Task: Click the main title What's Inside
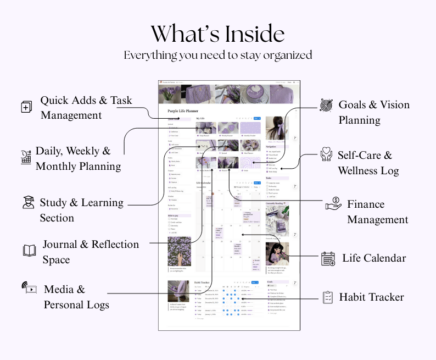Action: (218, 34)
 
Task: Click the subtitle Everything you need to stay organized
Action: (218, 55)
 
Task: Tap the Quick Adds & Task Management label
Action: (86, 108)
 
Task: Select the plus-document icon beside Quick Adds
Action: (26, 107)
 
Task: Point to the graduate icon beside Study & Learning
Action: (27, 202)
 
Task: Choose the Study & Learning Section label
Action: (81, 210)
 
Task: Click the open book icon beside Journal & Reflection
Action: (29, 251)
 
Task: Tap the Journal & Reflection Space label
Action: (91, 252)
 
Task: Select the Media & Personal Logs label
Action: (76, 297)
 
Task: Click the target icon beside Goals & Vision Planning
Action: (326, 104)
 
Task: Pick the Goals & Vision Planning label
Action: (374, 112)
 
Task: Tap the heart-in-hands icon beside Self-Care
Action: (326, 155)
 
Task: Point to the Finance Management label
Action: (377, 212)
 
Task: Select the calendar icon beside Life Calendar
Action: (328, 258)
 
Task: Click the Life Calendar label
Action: (374, 258)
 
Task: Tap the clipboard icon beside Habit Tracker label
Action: (328, 297)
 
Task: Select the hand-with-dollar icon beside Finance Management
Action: (333, 204)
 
